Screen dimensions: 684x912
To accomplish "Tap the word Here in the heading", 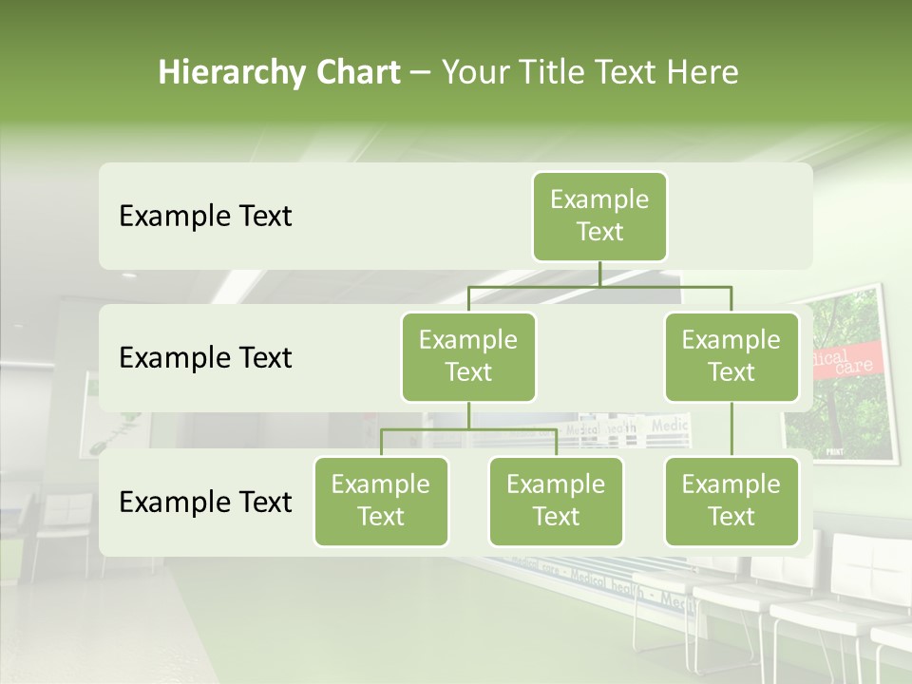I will coord(703,72).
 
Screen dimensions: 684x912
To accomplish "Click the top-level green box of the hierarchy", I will coord(599,217).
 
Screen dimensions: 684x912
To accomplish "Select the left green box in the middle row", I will coord(468,357).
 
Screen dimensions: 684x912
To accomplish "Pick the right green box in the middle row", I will coord(731,357).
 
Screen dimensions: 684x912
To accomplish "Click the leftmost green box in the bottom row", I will coord(381,502).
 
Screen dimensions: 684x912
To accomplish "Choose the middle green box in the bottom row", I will coord(556,502).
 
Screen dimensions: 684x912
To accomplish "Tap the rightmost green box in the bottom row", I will coord(731,502).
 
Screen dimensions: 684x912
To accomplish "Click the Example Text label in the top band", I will coord(205,217).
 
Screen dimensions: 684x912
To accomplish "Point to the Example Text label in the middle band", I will coord(205,358).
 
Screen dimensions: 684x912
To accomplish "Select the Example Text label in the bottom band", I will coord(205,503).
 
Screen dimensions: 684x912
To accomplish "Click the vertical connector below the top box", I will coord(599,274).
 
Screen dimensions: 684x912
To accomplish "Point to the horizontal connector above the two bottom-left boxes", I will coord(468,429).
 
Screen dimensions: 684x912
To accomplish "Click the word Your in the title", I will coord(476,72).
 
